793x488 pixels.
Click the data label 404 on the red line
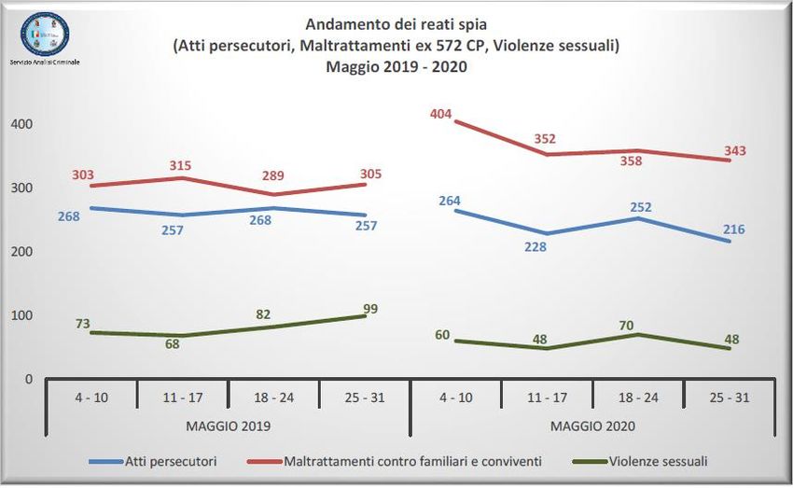point(440,115)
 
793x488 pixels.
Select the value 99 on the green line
point(371,309)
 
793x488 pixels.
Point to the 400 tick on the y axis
point(21,124)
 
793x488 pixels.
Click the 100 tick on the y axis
point(21,315)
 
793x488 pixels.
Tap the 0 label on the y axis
point(29,379)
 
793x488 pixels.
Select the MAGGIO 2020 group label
point(593,425)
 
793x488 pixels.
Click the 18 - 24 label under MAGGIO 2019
point(274,397)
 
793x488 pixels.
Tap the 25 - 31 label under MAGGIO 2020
point(730,397)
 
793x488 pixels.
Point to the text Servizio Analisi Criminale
point(46,61)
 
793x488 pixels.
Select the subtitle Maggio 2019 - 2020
point(396,66)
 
